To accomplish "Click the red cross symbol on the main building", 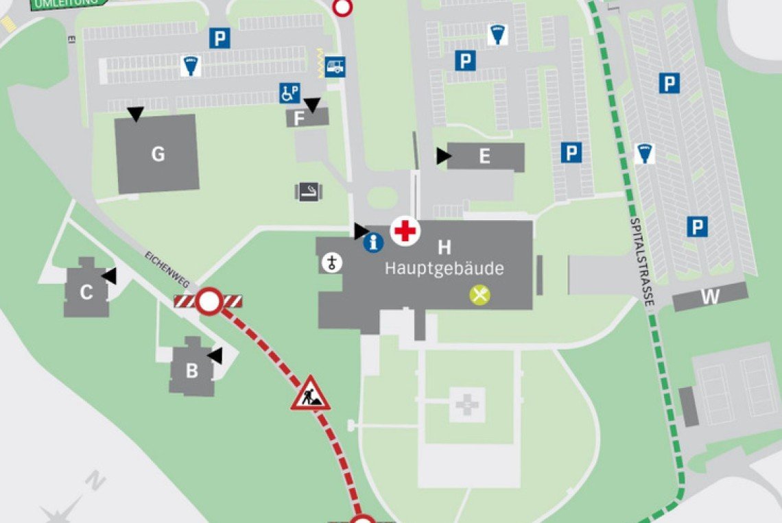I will click(405, 230).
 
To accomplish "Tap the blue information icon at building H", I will click(373, 242).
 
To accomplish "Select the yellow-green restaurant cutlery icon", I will click(479, 295).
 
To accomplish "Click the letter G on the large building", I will click(158, 154).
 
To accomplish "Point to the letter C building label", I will click(86, 293).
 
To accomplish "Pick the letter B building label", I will click(192, 372).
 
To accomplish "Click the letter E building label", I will click(484, 157).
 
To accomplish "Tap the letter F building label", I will click(299, 119).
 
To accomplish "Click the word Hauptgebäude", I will click(444, 268).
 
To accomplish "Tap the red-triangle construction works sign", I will click(310, 394).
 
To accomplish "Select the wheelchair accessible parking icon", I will click(289, 93).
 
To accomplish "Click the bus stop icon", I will click(335, 66).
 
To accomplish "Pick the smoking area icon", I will click(309, 191).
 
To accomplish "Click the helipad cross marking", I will click(467, 404).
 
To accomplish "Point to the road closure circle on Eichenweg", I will click(209, 302).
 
